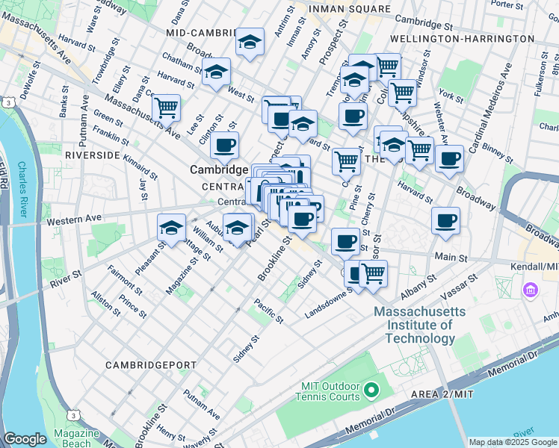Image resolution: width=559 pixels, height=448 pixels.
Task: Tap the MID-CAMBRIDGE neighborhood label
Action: point(198,34)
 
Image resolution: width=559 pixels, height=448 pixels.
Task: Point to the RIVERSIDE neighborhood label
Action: point(93,155)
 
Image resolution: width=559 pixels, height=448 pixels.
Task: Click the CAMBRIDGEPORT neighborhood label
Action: point(144,365)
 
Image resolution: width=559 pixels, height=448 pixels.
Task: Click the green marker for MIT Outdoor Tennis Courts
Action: point(371,390)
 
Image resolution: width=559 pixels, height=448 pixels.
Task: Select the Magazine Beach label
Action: point(77,438)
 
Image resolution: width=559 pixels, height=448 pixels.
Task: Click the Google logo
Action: point(25,439)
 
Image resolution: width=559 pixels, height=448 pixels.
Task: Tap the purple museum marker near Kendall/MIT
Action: point(530,289)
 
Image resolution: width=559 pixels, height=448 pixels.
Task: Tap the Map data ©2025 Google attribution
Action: point(513,442)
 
